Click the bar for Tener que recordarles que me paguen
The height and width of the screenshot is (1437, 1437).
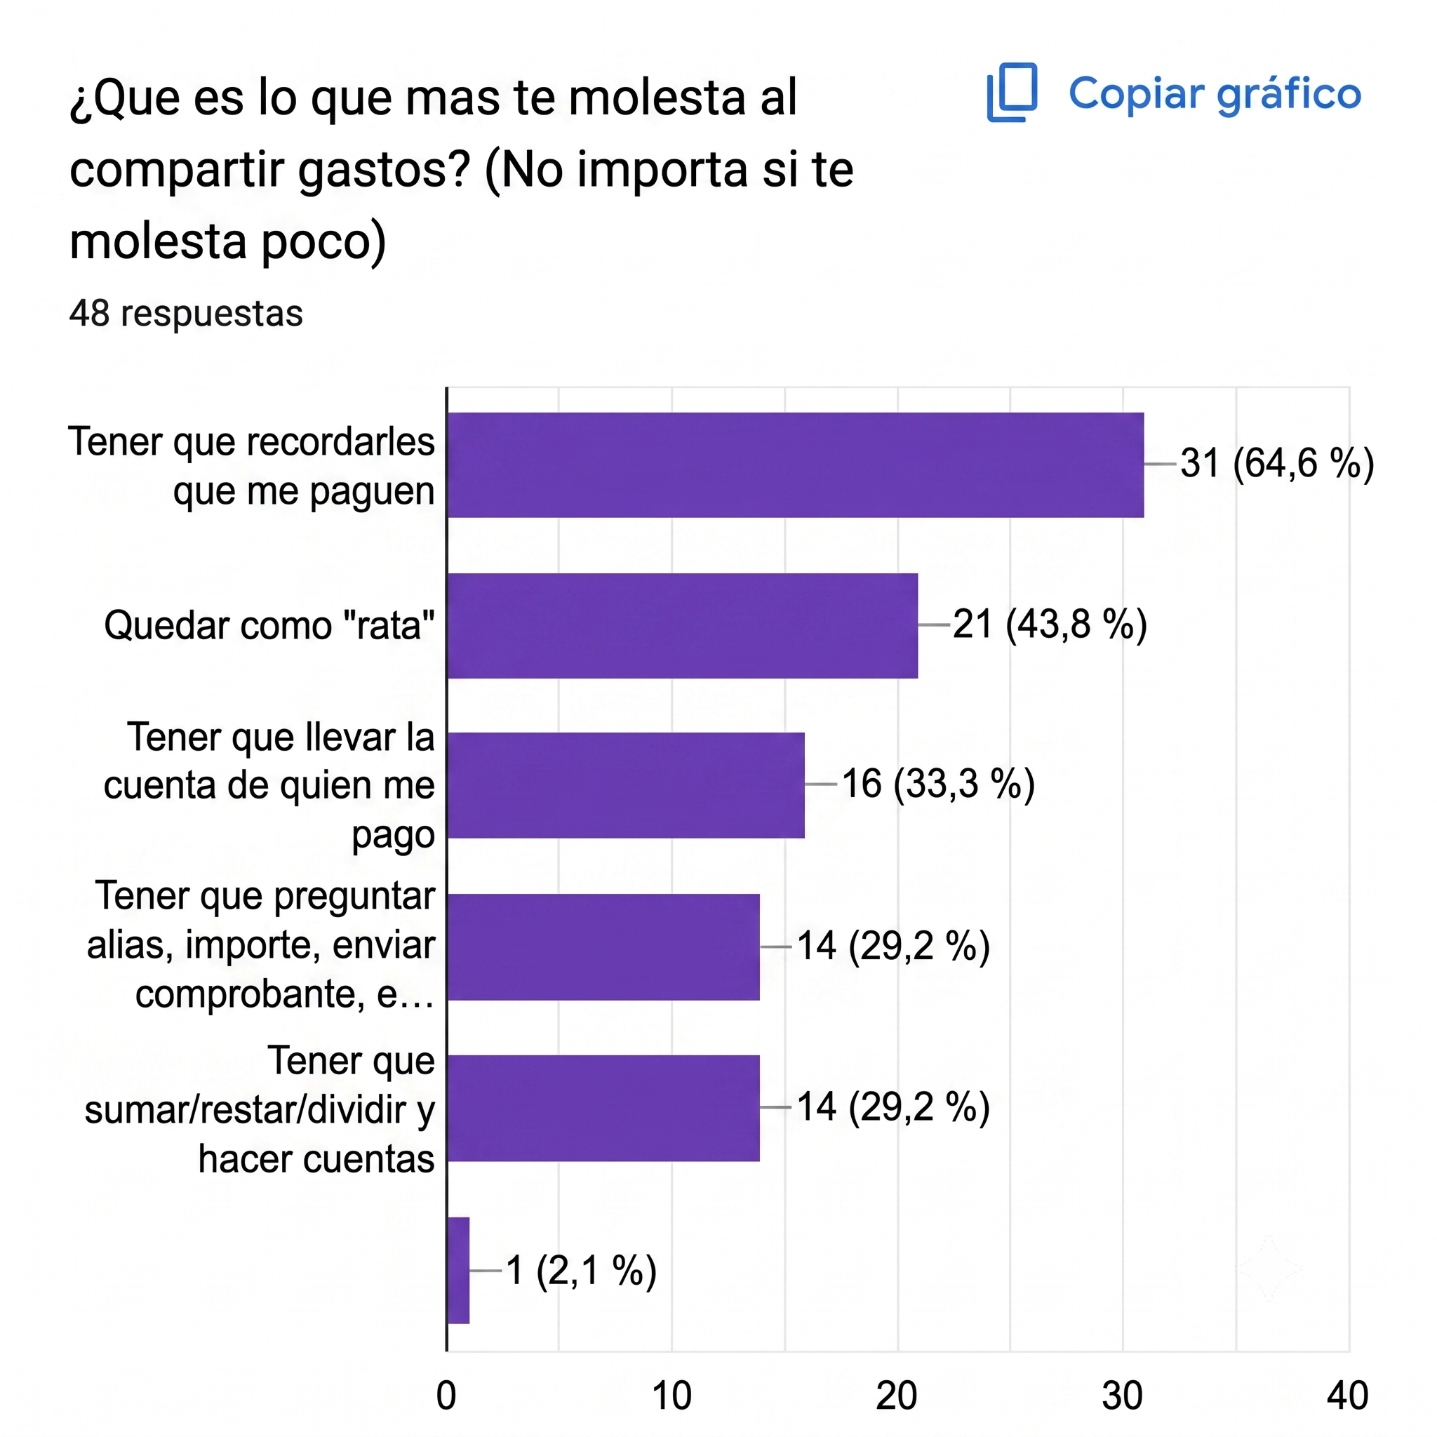[x=795, y=465]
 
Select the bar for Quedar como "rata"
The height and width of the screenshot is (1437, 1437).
[x=682, y=625]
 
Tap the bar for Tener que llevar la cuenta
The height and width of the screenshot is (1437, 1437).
[x=625, y=785]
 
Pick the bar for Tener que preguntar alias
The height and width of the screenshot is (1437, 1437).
[x=603, y=947]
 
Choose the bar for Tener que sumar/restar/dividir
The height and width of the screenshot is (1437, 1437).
[x=603, y=1108]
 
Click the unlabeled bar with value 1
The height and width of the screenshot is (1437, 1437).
[x=458, y=1271]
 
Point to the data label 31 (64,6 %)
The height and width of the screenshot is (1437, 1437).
[x=1277, y=463]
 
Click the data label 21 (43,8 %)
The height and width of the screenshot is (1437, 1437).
[x=1050, y=624]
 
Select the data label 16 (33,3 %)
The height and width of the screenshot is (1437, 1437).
[x=938, y=784]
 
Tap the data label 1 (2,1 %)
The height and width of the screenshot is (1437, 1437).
[x=581, y=1269]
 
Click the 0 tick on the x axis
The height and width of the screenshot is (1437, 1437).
[x=446, y=1396]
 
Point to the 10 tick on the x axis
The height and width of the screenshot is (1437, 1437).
[x=671, y=1396]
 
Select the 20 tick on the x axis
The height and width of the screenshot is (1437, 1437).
[x=897, y=1396]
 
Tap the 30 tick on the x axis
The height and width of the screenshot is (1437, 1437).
[x=1123, y=1396]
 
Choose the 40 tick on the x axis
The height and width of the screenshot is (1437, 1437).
[x=1348, y=1396]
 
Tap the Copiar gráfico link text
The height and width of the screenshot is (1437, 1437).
[x=1215, y=95]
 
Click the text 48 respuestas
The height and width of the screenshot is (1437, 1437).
[x=186, y=314]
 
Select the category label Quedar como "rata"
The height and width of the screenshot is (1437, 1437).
[x=269, y=625]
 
